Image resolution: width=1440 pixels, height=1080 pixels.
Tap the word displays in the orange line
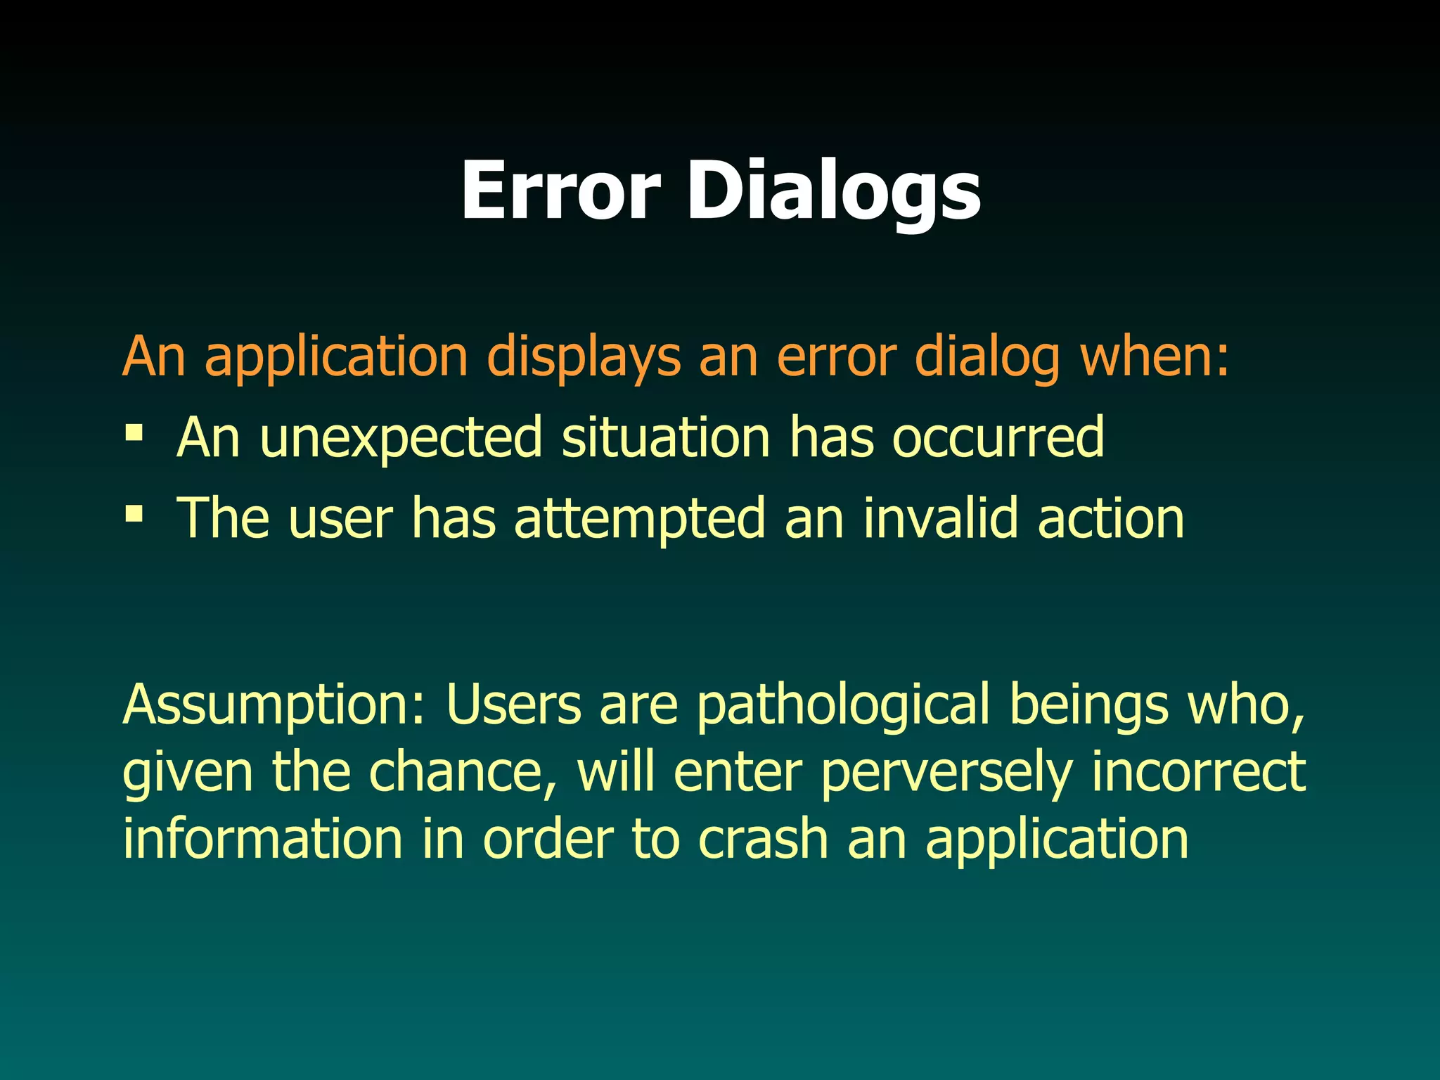pos(584,357)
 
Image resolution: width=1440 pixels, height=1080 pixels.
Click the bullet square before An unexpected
pos(134,432)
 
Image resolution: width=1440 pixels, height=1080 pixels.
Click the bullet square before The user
pos(134,513)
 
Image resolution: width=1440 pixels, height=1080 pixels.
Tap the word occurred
pos(998,437)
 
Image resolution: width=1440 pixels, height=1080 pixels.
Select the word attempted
pos(639,519)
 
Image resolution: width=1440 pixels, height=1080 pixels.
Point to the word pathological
pos(843,705)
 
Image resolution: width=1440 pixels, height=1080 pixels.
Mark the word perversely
pos(946,773)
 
